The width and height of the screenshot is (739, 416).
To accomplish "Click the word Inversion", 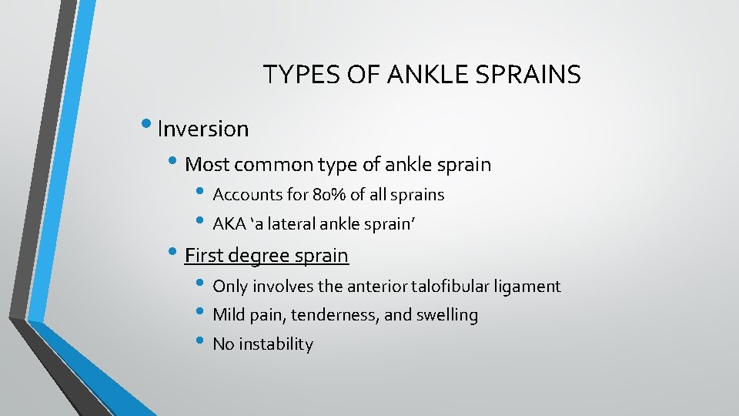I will [202, 129].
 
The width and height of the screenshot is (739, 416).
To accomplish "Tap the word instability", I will [276, 344].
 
